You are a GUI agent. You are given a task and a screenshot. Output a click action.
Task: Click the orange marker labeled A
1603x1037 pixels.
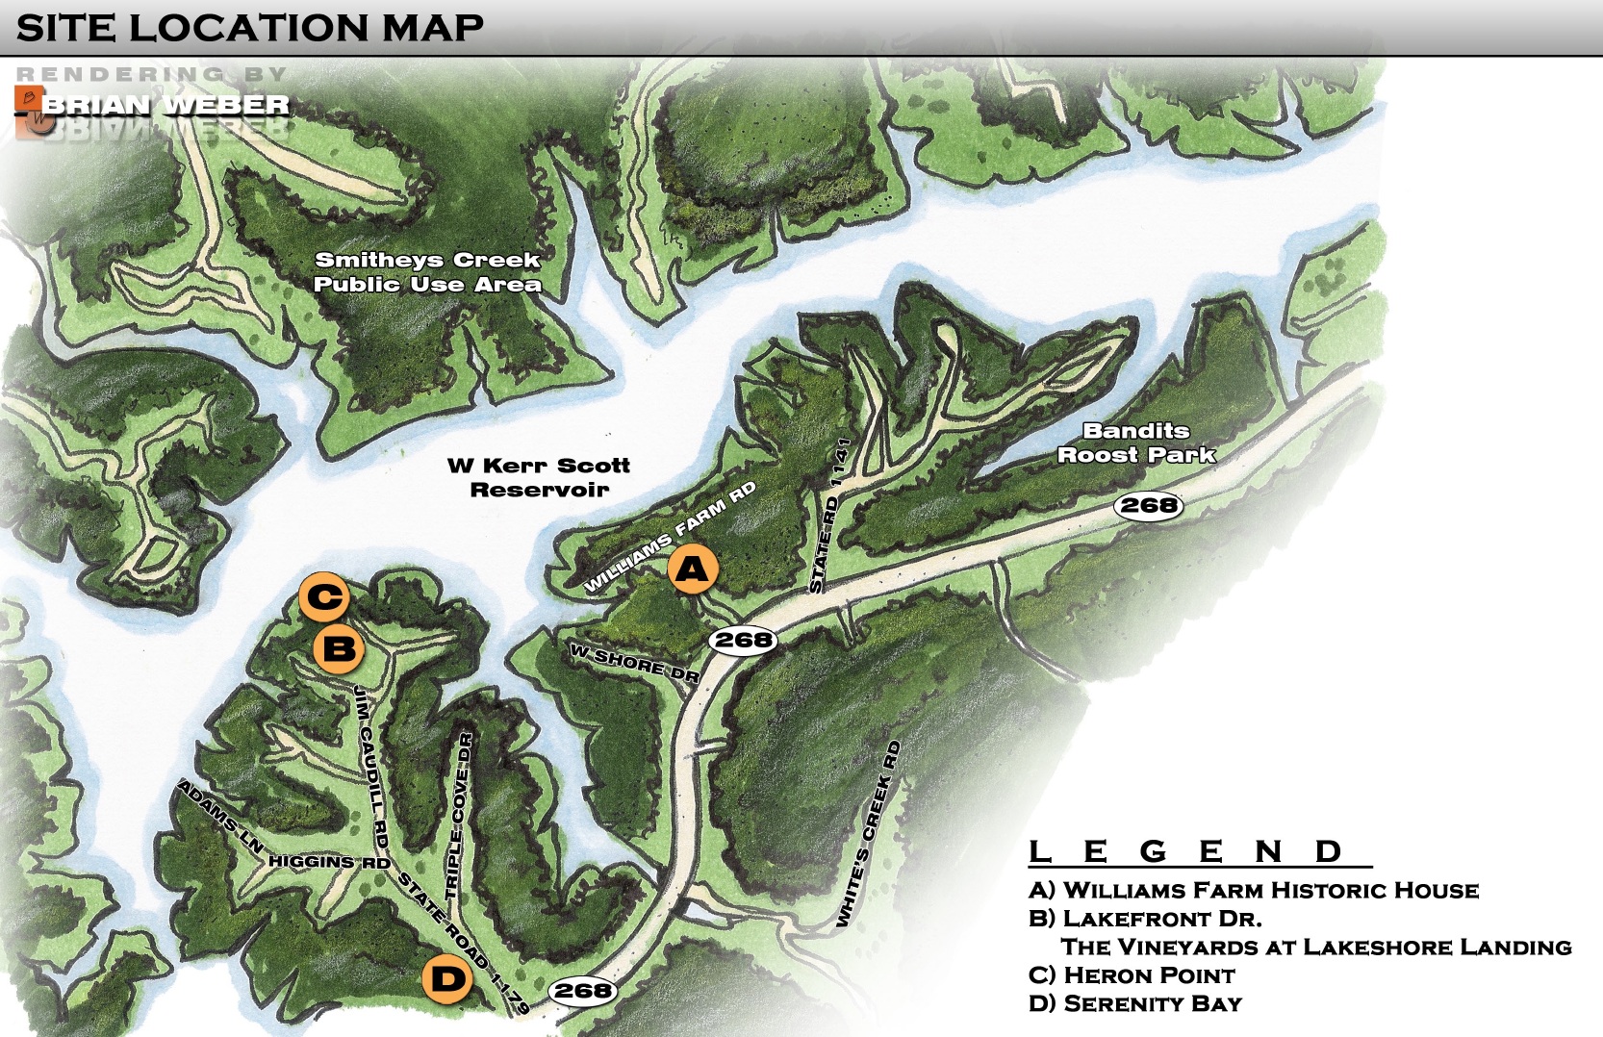(692, 569)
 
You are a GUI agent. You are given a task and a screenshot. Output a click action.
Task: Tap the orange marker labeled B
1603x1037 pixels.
(339, 648)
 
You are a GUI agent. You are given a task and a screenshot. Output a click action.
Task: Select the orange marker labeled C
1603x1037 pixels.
(323, 597)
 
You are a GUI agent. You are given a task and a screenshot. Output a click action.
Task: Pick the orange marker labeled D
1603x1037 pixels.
(447, 979)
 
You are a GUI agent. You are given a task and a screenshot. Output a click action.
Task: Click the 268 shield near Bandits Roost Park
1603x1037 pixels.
(1149, 505)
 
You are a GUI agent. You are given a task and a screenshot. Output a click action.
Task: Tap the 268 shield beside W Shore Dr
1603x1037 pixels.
(744, 640)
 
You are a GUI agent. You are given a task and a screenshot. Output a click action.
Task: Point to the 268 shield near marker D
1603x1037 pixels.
(582, 990)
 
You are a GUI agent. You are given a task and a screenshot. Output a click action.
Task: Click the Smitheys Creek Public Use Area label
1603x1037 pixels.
(427, 272)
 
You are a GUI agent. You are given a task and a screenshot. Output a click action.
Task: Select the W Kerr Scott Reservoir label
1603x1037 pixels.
(539, 477)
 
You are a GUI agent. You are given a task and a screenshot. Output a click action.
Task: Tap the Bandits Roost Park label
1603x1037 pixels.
(1136, 443)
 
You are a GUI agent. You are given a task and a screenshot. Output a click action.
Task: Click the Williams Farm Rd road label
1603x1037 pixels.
(670, 537)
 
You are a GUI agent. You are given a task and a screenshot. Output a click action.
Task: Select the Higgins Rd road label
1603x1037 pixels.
(329, 862)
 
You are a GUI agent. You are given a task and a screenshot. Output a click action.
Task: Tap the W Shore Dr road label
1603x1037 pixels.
(634, 664)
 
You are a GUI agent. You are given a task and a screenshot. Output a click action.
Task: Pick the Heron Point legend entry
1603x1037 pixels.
(1132, 974)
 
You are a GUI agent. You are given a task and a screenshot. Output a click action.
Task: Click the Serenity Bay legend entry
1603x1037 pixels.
(1135, 1003)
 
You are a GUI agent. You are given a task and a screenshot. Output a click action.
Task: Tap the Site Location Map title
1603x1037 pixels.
(250, 27)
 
